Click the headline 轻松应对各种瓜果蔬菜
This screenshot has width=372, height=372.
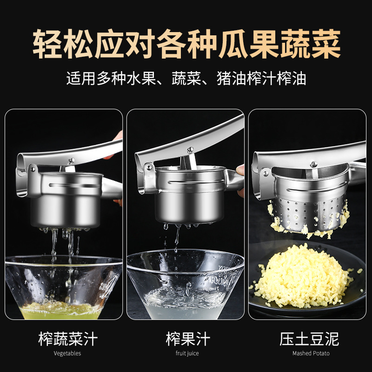point(186,44)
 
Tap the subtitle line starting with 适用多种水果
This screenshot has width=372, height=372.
point(186,78)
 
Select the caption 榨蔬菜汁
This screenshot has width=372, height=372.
point(68,339)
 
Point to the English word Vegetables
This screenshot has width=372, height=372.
point(67,353)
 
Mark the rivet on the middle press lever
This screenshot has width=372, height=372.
point(189,150)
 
